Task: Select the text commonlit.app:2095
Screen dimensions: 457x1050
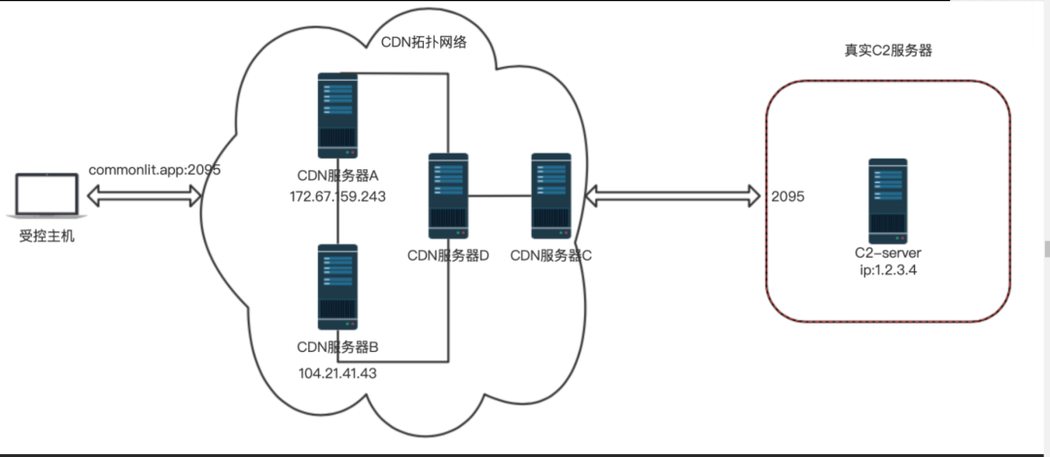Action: [156, 169]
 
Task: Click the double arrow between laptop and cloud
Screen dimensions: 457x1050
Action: [145, 195]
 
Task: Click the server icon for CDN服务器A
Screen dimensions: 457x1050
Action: [336, 115]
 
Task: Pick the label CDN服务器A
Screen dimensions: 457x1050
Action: [336, 175]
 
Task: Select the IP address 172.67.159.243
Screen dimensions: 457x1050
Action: [336, 195]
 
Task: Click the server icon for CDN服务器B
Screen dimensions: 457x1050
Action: [336, 286]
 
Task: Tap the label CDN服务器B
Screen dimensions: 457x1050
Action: [336, 346]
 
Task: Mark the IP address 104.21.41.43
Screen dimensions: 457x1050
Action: [336, 372]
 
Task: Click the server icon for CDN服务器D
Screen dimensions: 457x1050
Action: [447, 195]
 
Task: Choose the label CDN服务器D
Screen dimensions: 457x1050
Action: [447, 255]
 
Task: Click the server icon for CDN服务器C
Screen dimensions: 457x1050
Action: [551, 195]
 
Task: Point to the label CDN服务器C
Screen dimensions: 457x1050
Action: [551, 255]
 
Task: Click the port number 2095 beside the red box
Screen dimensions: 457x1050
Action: [787, 196]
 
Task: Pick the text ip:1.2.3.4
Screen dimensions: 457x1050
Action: [887, 270]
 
